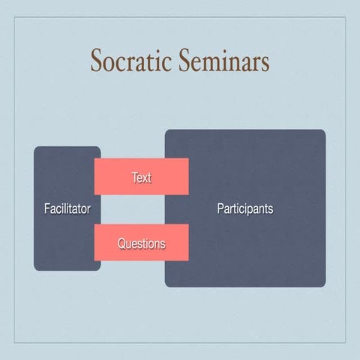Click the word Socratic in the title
pyautogui.click(x=130, y=62)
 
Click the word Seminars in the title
pyautogui.click(x=223, y=62)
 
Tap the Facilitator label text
pyautogui.click(x=67, y=208)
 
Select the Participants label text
pyautogui.click(x=245, y=208)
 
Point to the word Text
pyautogui.click(x=141, y=178)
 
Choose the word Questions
pyautogui.click(x=141, y=244)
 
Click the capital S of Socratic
pyautogui.click(x=97, y=62)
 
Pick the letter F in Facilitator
pyautogui.click(x=46, y=208)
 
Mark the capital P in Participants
pyautogui.click(x=220, y=208)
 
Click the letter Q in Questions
pyautogui.click(x=121, y=244)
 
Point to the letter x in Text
pyautogui.click(x=144, y=178)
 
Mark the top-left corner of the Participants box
pyautogui.click(x=166, y=131)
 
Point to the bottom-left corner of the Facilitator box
pyautogui.click(x=35, y=269)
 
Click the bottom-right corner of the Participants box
pyautogui.click(x=324, y=285)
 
